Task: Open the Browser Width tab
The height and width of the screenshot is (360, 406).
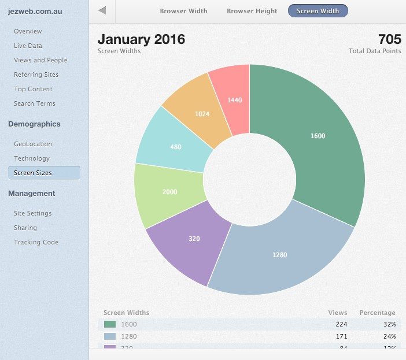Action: point(183,11)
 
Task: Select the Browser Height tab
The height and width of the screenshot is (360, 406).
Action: point(252,11)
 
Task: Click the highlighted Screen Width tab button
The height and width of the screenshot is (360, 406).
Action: point(318,11)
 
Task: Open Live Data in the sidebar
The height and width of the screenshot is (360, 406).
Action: point(28,46)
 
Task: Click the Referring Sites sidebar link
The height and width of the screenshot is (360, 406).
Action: point(36,75)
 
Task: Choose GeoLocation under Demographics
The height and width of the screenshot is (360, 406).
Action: point(33,144)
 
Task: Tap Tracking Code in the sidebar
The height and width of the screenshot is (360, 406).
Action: point(36,242)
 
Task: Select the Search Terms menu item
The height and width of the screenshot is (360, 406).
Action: point(35,103)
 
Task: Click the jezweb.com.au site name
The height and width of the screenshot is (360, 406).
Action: point(35,11)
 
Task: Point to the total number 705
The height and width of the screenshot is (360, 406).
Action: point(389,39)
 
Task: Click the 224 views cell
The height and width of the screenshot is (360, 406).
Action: point(341,324)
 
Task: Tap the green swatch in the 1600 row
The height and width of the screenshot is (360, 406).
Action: point(110,324)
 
